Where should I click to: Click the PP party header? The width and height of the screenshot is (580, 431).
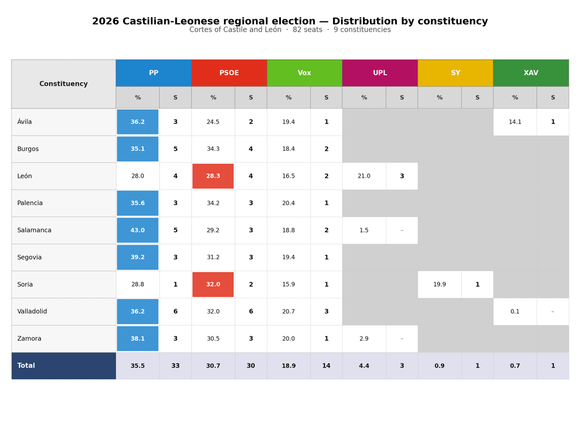(154, 73)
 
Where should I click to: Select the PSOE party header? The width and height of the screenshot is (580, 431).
(229, 73)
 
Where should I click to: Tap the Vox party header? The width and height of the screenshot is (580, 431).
(305, 73)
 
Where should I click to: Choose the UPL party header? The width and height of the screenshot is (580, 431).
(380, 73)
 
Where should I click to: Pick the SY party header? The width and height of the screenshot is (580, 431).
(455, 73)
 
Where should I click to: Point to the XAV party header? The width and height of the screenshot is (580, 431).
(531, 73)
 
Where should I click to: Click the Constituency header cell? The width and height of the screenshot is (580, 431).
(63, 84)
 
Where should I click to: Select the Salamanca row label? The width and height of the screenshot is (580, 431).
(34, 230)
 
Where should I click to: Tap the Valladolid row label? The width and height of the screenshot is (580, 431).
(32, 311)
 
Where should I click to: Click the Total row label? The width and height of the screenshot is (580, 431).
(26, 366)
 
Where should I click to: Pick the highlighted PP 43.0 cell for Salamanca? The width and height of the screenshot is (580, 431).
(137, 230)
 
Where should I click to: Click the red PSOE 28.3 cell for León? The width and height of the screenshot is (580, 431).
(213, 176)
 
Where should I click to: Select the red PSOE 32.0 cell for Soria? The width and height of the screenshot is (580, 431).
(213, 284)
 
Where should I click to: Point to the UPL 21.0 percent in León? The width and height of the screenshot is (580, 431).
(364, 176)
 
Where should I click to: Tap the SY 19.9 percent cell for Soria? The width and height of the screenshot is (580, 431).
(439, 284)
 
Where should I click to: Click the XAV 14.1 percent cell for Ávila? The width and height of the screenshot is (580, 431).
(515, 122)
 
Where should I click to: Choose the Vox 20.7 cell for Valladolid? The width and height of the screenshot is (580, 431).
(288, 311)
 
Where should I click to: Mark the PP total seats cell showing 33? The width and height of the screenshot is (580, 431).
(176, 366)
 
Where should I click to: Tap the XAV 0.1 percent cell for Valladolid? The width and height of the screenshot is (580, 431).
(515, 311)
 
